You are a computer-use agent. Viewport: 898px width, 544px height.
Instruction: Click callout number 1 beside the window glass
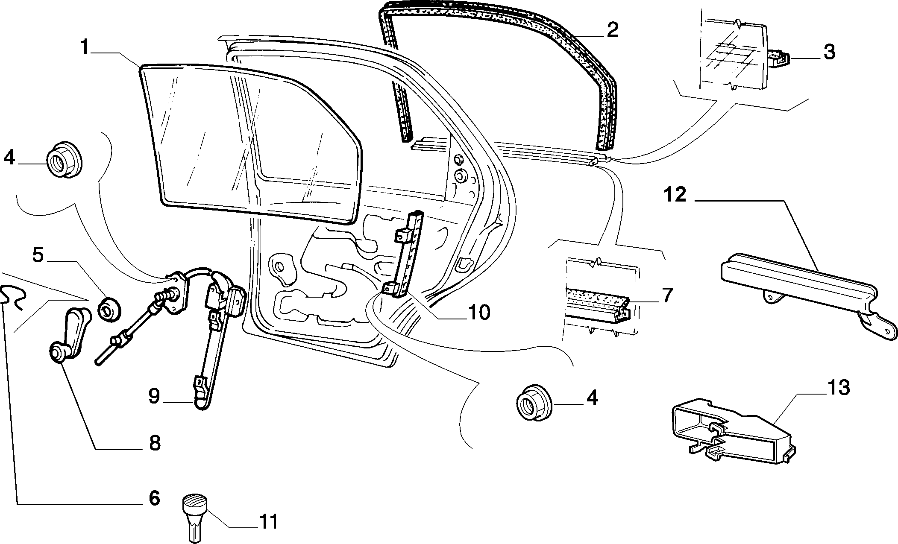85,47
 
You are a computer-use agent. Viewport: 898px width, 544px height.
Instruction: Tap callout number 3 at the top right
829,53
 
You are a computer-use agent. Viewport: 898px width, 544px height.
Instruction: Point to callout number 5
38,255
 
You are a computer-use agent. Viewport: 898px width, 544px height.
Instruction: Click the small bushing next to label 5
109,308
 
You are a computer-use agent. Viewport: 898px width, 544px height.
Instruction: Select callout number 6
153,498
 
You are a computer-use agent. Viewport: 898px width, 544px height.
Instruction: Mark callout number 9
154,396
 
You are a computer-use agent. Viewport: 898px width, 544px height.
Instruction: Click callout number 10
478,313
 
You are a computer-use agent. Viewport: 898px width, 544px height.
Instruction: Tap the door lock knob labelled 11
195,517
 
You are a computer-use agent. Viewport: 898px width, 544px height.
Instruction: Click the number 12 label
675,195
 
